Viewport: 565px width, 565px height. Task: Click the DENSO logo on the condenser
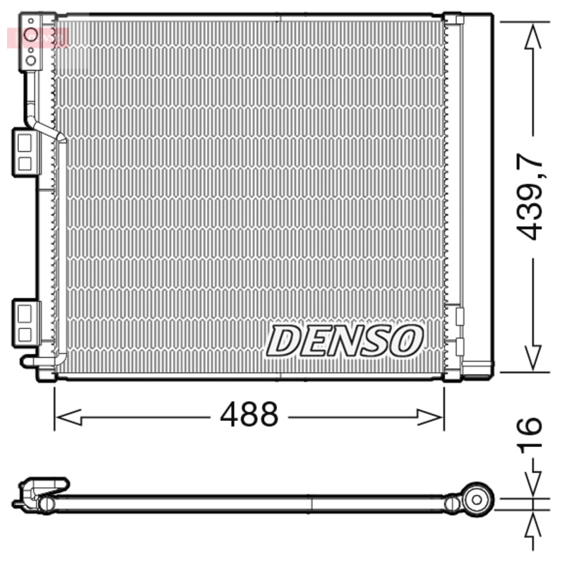tap(345, 340)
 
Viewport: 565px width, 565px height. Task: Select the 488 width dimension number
tap(249, 416)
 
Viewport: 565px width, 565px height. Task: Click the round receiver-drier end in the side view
tap(477, 499)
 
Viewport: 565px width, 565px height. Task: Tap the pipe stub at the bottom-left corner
tap(32, 362)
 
